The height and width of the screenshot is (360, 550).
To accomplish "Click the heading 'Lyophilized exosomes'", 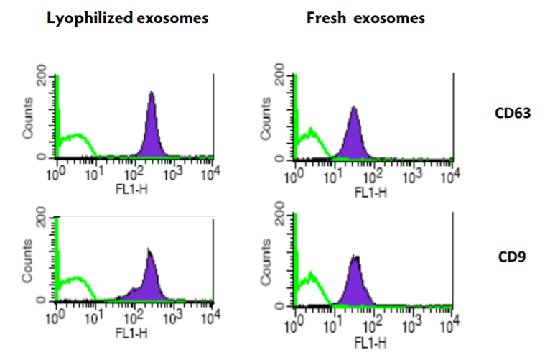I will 127,19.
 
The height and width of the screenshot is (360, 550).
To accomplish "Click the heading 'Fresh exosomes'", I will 365,19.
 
